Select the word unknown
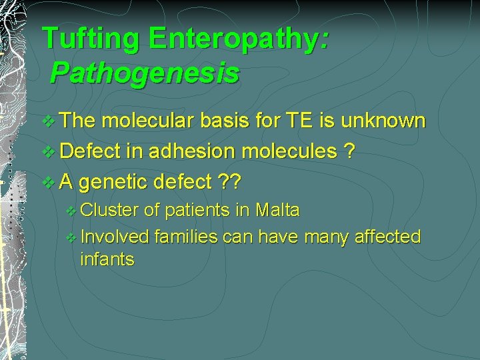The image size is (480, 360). [383, 121]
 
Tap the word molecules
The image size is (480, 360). [289, 151]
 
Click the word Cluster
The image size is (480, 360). [109, 210]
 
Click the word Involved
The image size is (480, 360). [115, 236]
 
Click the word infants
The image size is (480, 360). [107, 259]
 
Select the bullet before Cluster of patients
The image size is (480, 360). [72, 211]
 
